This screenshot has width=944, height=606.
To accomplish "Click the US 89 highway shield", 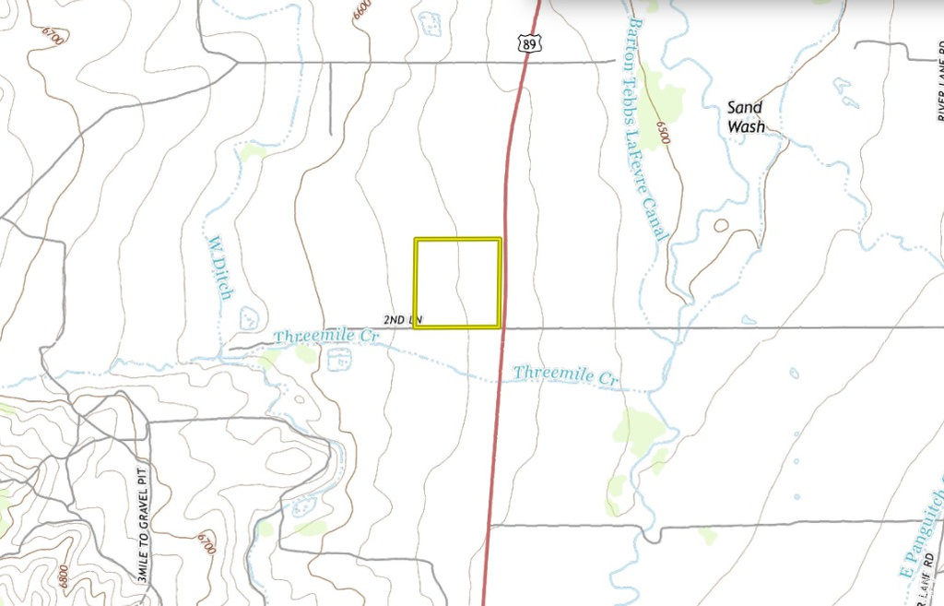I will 529,42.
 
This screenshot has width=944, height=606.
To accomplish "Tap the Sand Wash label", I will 745,117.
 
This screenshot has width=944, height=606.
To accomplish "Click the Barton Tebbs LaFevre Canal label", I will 646,128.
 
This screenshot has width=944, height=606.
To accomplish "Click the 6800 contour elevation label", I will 64,574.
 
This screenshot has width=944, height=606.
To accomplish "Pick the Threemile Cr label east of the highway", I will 565,375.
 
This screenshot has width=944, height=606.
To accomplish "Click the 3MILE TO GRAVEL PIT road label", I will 142,522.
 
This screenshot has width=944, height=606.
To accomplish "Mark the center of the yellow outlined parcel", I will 457,282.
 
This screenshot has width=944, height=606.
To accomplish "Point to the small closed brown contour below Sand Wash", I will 720,224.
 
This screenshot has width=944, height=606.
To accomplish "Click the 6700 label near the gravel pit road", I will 206,543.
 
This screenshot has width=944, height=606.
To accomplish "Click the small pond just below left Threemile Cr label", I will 338,360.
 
